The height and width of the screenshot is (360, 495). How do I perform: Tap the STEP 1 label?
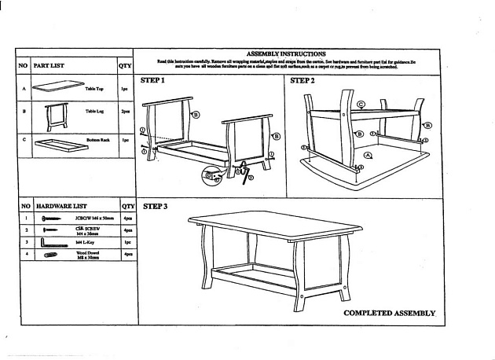(x=153, y=81)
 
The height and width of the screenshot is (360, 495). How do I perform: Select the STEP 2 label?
(x=302, y=81)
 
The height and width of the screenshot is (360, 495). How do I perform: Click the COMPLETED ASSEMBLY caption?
(x=389, y=313)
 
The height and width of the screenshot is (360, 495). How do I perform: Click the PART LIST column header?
(x=49, y=66)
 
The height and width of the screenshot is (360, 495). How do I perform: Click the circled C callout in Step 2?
(x=361, y=104)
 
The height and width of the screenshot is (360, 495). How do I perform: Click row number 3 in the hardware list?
(x=25, y=243)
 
